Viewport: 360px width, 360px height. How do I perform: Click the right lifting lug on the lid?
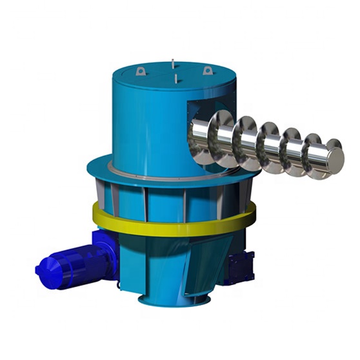[x=208, y=70]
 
